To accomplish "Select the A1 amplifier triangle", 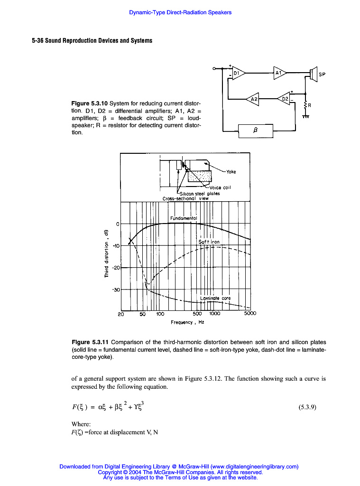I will pos(279,73).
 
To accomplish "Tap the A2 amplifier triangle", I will pos(253,99).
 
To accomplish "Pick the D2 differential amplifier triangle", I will pos(284,99).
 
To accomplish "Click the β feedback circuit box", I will pos(256,131).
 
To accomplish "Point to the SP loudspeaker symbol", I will pos(314,74).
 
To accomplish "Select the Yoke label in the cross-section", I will pos(231,172).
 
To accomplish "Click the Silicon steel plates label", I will pos(200,193).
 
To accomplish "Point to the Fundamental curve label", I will pos(183,218).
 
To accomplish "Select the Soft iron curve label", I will pos(209,242).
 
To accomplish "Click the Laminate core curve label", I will pos(219,299).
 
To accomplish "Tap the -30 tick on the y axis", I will pos(115,289).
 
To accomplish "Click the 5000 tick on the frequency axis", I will pos(250,313).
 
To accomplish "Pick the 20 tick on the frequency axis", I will pos(121,313).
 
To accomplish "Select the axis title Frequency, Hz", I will pos(187,322).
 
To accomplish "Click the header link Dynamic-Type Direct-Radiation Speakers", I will pos(180,12).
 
